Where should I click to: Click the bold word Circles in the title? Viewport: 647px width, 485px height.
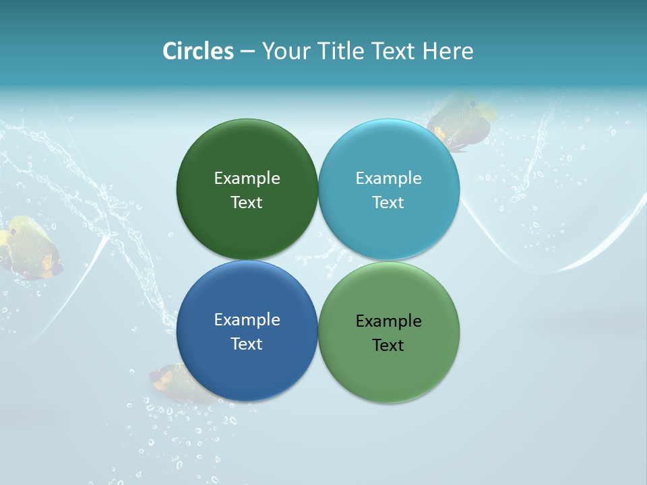coord(198,51)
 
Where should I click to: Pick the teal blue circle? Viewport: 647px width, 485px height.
coord(389,229)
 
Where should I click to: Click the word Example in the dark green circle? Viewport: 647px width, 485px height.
coord(247,178)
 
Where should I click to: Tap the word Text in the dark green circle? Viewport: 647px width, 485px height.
coord(247,202)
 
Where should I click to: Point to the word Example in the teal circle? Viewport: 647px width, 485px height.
coord(389,178)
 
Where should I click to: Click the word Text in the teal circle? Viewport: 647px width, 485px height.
coord(389,202)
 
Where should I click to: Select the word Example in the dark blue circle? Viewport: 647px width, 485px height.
coord(247,319)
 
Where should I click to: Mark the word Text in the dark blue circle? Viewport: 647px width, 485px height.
coord(247,344)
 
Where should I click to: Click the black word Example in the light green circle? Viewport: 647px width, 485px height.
coord(389,321)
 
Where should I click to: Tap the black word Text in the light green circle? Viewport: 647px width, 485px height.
coord(389,345)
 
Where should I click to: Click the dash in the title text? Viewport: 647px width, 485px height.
coord(247,51)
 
